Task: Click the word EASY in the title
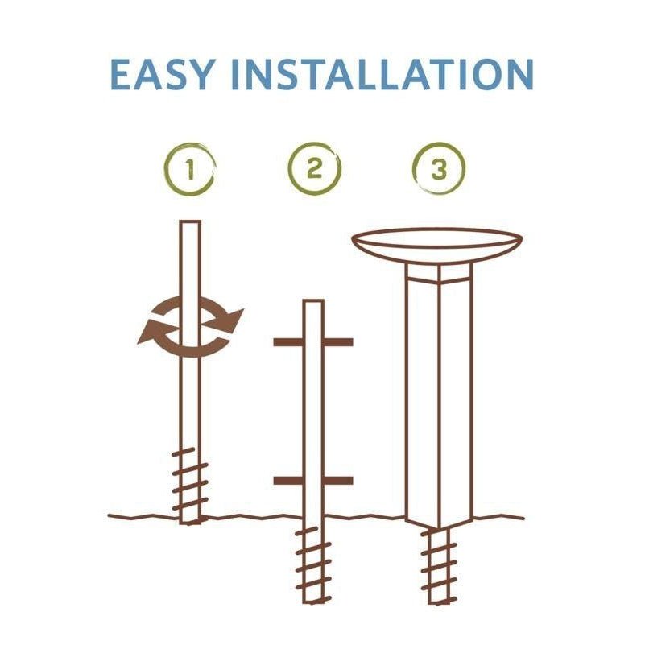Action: (x=163, y=74)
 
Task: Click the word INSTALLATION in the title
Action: (x=382, y=74)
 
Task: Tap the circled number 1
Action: (x=190, y=169)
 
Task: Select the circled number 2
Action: (x=315, y=168)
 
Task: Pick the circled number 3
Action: (x=439, y=168)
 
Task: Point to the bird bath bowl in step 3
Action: (x=437, y=246)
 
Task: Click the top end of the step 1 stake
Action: (x=190, y=221)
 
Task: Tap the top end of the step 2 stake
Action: (x=313, y=301)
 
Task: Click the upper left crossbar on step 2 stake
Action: (x=288, y=342)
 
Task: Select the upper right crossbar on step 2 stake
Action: (x=338, y=342)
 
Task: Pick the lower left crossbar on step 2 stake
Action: (x=288, y=481)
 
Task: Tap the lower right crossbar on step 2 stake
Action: (x=338, y=481)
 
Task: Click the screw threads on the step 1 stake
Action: (x=189, y=479)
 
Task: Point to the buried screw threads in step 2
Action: (x=313, y=564)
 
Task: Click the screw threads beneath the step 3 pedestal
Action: (x=439, y=565)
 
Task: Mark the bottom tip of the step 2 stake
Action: (x=313, y=602)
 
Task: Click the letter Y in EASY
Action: (x=201, y=74)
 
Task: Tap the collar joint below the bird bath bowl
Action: (x=439, y=274)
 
